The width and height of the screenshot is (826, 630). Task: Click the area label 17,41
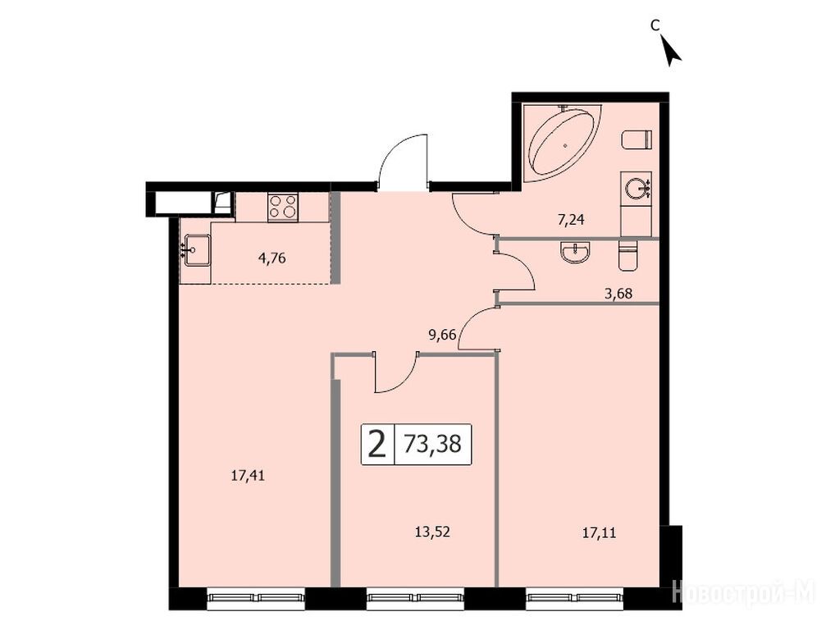(x=248, y=476)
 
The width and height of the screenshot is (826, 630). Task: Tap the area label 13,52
(x=432, y=532)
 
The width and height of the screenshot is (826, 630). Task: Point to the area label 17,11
(x=599, y=533)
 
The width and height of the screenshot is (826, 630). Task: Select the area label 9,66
(x=442, y=335)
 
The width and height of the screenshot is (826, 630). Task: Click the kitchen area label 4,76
(x=272, y=258)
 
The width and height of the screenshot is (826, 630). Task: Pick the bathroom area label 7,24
(x=571, y=220)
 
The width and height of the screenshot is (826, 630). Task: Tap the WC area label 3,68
(x=618, y=294)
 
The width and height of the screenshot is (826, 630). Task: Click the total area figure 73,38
(x=432, y=444)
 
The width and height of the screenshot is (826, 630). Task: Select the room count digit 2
(x=376, y=444)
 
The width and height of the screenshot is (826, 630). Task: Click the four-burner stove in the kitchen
(x=284, y=207)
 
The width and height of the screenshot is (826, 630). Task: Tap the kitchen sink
(x=195, y=251)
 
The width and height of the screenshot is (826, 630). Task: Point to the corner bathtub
(x=562, y=142)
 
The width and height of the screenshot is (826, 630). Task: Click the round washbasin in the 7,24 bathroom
(x=637, y=188)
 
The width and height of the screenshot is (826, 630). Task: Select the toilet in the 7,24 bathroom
(x=637, y=140)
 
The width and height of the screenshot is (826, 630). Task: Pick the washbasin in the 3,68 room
(x=577, y=252)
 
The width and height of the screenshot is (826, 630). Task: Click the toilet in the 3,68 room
(x=627, y=255)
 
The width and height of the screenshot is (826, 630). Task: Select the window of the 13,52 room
(x=416, y=597)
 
